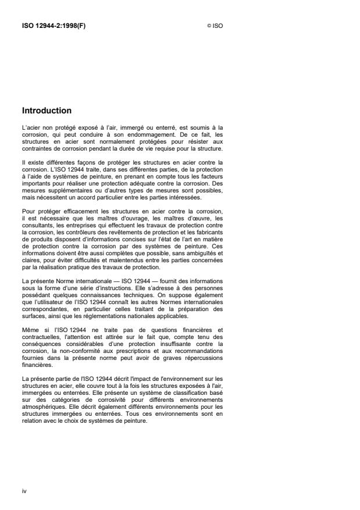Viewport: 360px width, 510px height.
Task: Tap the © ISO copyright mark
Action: [x=215, y=26]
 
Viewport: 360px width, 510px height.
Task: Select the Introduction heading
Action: [x=47, y=110]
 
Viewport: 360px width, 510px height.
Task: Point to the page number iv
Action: [x=24, y=491]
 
